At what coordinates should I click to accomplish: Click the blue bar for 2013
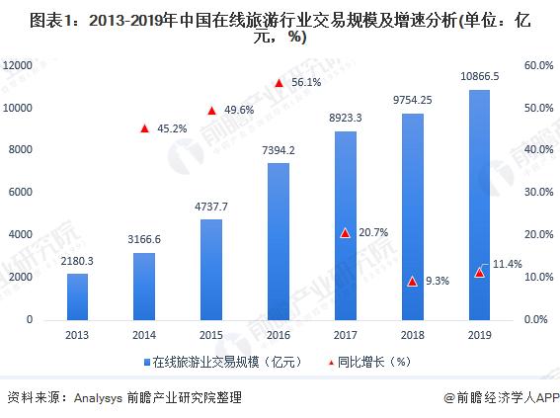tap(77, 296)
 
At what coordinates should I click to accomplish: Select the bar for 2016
tap(279, 242)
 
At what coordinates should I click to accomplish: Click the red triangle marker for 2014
tap(144, 128)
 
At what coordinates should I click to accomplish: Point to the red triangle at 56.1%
tap(280, 83)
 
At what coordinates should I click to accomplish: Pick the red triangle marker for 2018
tap(412, 282)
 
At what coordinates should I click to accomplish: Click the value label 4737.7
tap(212, 206)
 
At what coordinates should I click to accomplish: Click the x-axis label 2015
tap(212, 336)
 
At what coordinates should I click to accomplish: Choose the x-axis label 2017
tap(346, 336)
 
